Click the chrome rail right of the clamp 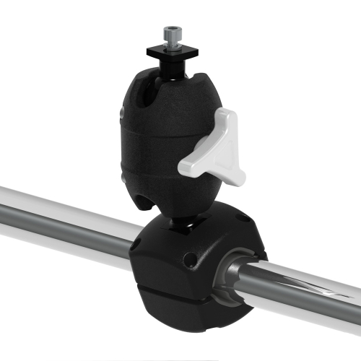point(310,289)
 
